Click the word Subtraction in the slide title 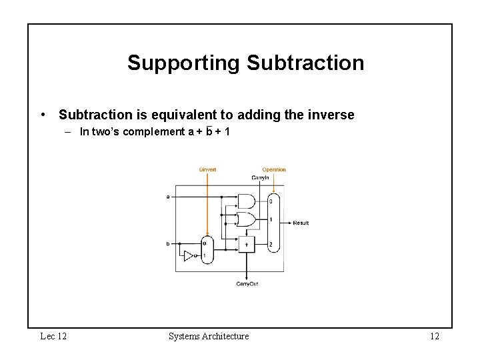point(305,63)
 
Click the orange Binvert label point(207,169)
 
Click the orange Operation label point(273,169)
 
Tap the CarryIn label point(260,178)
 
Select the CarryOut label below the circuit point(247,284)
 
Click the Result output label point(301,223)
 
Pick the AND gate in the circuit point(246,201)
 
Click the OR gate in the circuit point(246,219)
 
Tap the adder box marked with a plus point(247,245)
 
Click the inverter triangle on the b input point(189,256)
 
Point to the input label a point(167,197)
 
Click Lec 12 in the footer point(53,336)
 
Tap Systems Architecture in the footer point(209,336)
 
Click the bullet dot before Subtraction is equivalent point(43,115)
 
